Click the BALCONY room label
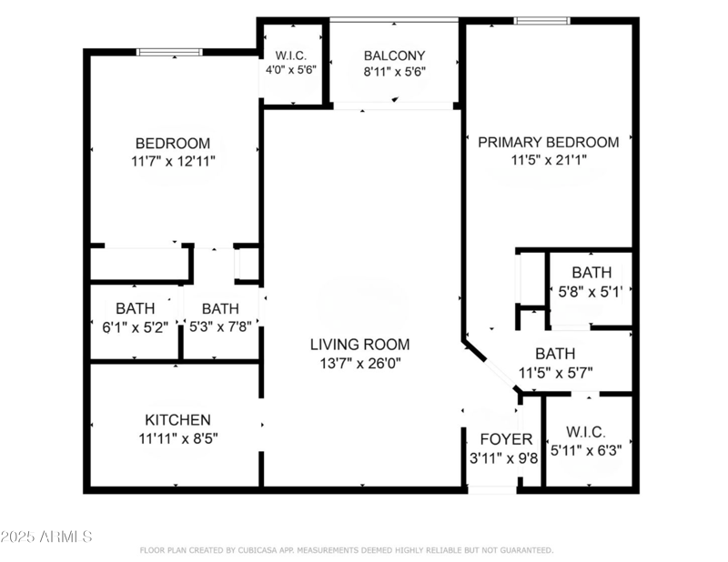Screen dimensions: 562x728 394,55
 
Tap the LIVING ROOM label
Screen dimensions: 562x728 359,345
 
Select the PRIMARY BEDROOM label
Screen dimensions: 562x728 548,142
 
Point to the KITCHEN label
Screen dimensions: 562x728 178,420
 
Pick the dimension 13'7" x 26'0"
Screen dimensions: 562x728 359,363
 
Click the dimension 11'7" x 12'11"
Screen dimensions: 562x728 173,161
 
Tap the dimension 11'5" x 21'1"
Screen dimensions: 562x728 548,160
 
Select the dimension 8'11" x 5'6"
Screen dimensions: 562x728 394,71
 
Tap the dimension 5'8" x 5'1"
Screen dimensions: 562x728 591,292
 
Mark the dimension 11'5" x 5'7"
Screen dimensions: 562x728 555,372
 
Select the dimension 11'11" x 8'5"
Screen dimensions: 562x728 178,438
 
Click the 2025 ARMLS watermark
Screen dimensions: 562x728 47,537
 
